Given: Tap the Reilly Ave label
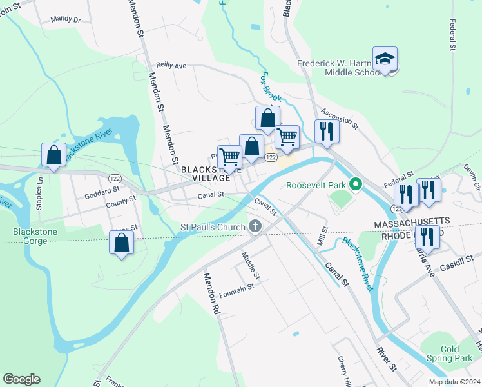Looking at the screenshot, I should pos(171,66).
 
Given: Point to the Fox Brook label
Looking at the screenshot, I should pos(269,87).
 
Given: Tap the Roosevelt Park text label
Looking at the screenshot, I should pos(316,185).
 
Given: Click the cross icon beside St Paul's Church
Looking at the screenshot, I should pos(255,226).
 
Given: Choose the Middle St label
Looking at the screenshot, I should pos(251,266).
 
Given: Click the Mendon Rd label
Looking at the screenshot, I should pos(212,293).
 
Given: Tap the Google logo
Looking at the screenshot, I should pos(21,379).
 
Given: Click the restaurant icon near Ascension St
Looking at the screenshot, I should pos(327,131).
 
